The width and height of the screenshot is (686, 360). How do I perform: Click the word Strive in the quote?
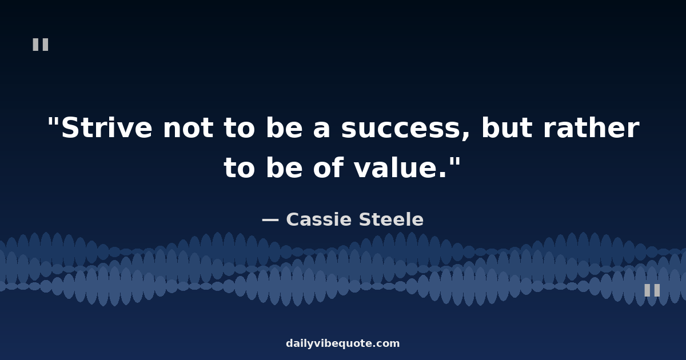pos(106,127)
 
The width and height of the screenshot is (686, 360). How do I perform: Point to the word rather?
pos(591,127)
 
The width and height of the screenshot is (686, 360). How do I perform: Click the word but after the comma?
pos(507,127)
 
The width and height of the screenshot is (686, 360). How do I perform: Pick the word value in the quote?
pos(396,167)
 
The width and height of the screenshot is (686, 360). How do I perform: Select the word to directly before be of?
pos(239,169)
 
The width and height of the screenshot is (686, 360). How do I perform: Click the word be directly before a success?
pos(285,127)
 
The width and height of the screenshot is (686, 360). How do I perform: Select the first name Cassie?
pos(319,219)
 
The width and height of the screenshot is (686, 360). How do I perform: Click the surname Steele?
pos(391,219)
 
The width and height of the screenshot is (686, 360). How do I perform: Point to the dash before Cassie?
pos(270,220)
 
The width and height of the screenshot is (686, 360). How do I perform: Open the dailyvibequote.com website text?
pos(342,343)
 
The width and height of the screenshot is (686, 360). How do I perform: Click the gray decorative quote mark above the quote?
pos(41,45)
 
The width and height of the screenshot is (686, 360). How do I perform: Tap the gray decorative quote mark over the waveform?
pos(652,290)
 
